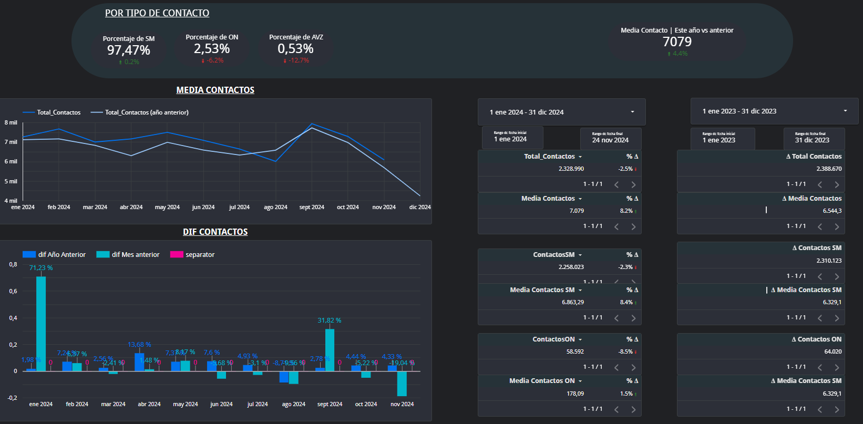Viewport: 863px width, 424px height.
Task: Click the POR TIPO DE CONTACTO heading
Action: (x=157, y=13)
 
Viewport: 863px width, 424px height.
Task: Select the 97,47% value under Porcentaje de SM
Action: (x=129, y=50)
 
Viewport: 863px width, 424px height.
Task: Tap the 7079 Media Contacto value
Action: (x=677, y=42)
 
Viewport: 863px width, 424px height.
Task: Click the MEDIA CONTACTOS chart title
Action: (x=215, y=90)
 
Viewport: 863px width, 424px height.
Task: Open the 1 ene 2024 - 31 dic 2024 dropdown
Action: (x=561, y=112)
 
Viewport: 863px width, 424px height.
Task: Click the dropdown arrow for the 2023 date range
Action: (x=845, y=111)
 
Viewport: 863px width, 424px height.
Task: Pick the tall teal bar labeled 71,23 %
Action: (x=41, y=323)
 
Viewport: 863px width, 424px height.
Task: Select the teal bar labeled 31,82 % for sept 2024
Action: (x=330, y=350)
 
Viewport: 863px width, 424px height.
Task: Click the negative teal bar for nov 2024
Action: (x=402, y=384)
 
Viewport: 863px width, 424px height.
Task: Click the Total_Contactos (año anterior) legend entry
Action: (x=140, y=112)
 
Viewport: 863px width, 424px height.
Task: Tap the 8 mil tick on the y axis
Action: (x=11, y=122)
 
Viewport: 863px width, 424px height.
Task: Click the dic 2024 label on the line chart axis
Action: (x=420, y=208)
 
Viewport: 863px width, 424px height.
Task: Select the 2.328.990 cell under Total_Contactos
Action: (x=571, y=169)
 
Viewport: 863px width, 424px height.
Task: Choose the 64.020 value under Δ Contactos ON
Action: (x=833, y=352)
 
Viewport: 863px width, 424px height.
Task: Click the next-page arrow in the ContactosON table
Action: (x=633, y=367)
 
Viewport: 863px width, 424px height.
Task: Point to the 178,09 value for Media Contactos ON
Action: (x=575, y=394)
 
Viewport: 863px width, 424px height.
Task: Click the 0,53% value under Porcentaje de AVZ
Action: (x=295, y=49)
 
